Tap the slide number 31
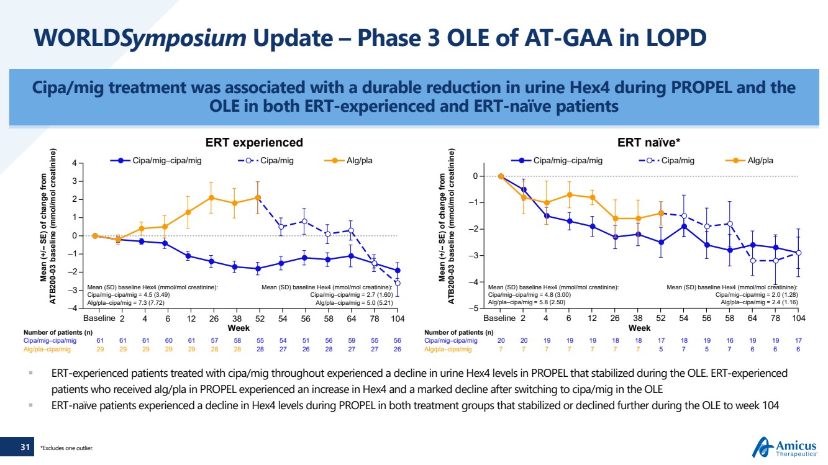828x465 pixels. [25, 447]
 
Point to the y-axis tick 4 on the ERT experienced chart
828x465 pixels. [74, 164]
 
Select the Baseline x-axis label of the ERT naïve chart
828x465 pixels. [500, 318]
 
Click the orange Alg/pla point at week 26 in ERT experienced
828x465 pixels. [211, 197]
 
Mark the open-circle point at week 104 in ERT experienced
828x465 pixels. [398, 283]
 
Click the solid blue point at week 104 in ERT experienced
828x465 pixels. [398, 271]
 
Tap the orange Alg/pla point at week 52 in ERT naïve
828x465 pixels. [661, 213]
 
